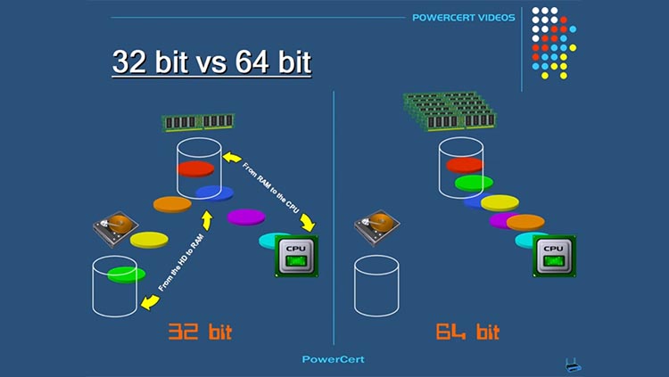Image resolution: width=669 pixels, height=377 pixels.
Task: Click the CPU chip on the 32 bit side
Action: coord(296,257)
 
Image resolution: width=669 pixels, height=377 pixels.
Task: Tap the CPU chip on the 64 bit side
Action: coord(554,257)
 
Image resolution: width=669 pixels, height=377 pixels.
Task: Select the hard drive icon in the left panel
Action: coord(116,228)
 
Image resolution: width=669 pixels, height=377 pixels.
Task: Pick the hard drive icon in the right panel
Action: coord(376,228)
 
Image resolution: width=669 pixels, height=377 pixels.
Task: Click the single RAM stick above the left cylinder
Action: coord(198,123)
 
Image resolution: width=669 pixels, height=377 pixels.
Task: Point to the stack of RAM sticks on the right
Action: coord(450,111)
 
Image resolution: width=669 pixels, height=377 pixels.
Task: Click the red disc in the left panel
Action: coord(195,168)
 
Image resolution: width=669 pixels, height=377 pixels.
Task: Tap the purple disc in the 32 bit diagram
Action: coord(246,217)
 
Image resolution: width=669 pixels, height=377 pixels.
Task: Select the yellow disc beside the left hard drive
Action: coord(149,240)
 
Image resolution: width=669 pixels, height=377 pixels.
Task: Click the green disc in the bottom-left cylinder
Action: coord(126,275)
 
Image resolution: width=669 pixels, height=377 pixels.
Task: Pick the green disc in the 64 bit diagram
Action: coord(474,183)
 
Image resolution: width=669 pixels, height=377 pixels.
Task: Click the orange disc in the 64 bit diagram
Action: coord(525,222)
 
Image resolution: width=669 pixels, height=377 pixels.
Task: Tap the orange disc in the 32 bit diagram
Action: coord(172,205)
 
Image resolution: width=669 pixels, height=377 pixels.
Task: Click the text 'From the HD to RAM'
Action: coord(181,263)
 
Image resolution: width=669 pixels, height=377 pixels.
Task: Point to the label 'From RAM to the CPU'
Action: coord(271,188)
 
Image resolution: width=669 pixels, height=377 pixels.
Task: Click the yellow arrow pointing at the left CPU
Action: coord(308,222)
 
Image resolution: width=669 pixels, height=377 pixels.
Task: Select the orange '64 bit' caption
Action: coord(467,332)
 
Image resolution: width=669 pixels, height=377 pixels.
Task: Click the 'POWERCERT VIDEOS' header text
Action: coord(463,18)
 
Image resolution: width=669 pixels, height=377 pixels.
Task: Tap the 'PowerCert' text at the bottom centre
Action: coord(334,359)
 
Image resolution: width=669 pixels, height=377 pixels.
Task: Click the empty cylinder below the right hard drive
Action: coord(376,286)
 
